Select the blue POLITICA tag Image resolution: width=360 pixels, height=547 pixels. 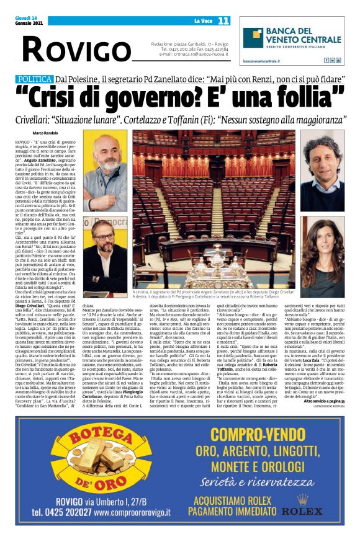[35, 79]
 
